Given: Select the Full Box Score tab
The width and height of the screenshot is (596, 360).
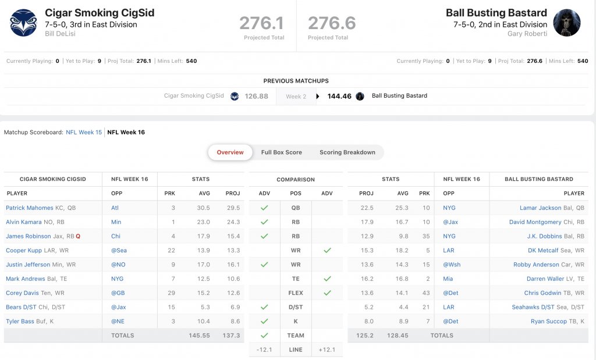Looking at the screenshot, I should click(281, 152).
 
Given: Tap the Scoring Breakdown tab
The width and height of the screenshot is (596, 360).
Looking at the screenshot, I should click(347, 152).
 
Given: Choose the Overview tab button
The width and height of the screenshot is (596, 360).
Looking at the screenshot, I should click(230, 152).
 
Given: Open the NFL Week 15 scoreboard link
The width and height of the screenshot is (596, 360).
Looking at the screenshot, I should click(84, 133).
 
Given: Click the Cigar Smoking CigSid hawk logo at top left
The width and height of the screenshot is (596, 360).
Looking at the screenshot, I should click(23, 23).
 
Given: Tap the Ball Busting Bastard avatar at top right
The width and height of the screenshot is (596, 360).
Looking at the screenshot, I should click(566, 23).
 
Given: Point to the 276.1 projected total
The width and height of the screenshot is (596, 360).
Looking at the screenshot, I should click(261, 23).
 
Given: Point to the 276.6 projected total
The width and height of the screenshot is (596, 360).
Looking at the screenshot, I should click(332, 23).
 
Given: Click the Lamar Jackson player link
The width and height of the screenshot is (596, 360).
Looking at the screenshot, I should click(541, 208).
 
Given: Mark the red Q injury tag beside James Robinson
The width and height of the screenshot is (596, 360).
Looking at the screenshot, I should click(78, 236).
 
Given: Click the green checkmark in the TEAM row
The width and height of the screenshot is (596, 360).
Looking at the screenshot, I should click(264, 336).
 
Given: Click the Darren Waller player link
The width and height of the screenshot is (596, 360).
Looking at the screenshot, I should click(544, 279).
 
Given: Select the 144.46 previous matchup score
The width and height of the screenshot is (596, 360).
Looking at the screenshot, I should click(339, 96).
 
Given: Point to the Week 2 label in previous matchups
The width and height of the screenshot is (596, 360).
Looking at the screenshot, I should click(296, 97).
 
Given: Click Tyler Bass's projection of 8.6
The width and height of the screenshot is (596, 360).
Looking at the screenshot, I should click(233, 321).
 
